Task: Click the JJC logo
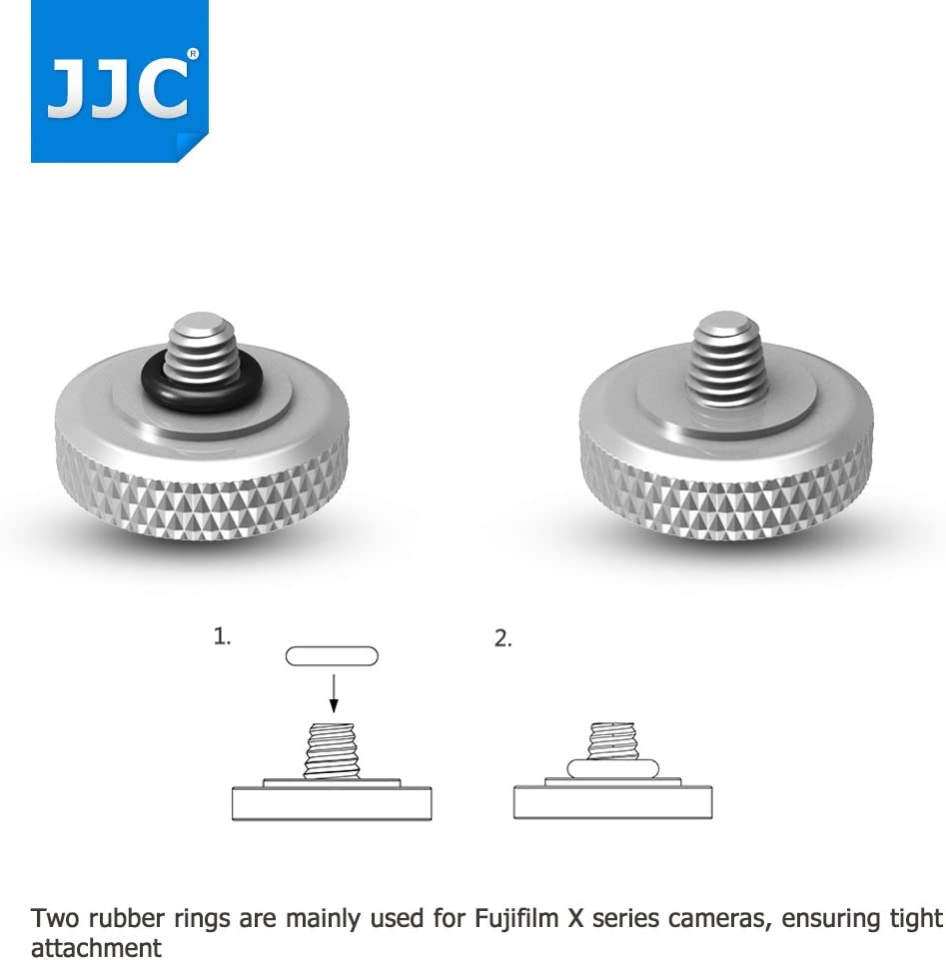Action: pos(120,82)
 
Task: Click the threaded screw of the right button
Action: pos(726,359)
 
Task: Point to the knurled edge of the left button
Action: pos(202,495)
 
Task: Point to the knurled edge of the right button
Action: pos(726,495)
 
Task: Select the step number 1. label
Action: pos(222,637)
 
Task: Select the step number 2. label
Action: pos(502,639)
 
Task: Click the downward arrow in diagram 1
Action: pos(333,693)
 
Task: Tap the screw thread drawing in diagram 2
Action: pos(613,741)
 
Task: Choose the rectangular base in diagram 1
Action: pos(332,803)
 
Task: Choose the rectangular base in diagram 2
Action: pos(613,802)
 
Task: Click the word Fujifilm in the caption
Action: pos(519,918)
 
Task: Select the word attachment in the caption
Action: pos(96,947)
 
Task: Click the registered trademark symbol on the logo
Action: pos(192,54)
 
